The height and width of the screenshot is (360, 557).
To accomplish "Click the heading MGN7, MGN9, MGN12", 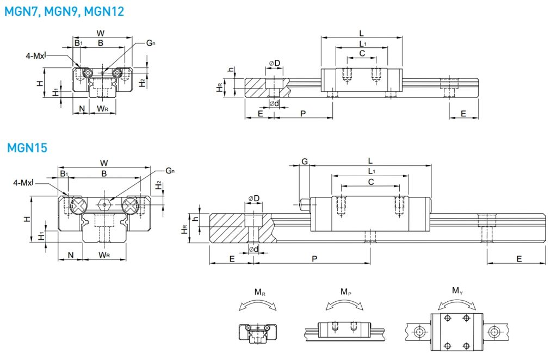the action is (x=64, y=11).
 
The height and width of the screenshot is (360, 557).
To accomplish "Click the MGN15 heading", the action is (x=27, y=148).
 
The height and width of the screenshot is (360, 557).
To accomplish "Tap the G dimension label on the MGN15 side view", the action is (x=305, y=162).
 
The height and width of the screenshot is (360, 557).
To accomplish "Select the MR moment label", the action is (x=260, y=292).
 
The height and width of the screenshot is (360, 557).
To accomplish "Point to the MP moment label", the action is (x=345, y=292).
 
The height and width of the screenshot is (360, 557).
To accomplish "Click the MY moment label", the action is (x=457, y=291).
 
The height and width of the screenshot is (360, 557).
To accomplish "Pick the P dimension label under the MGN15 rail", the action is (x=314, y=259).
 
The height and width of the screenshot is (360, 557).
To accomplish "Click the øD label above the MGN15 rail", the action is (x=253, y=198).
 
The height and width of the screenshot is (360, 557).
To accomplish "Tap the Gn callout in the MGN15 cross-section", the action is (x=170, y=171).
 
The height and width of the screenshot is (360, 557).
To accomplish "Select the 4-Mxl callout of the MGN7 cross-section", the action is (x=36, y=55).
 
